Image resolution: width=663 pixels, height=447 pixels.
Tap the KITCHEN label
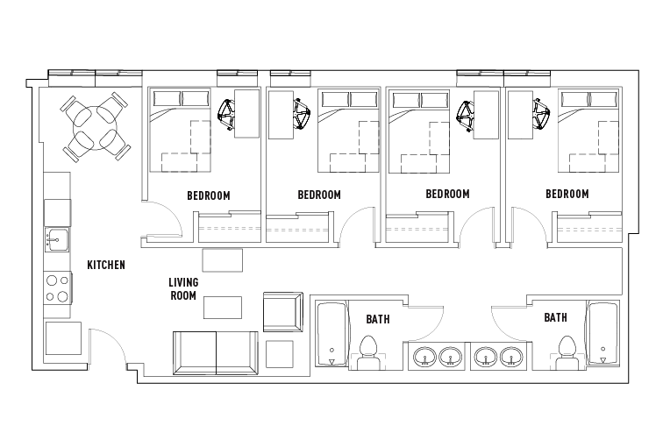[x=105, y=265]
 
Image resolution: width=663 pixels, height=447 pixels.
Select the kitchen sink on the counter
[x=57, y=238]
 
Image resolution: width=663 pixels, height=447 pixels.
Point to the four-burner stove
[x=57, y=288]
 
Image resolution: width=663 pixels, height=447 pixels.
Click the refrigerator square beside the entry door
[x=62, y=337]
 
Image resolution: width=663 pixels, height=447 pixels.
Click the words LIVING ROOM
[x=182, y=289]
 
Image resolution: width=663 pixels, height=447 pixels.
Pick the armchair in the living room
[x=281, y=313]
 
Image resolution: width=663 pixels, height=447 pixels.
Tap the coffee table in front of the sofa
[x=223, y=308]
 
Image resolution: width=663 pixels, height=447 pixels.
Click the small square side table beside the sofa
[x=279, y=353]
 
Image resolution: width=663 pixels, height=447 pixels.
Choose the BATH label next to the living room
[x=378, y=319]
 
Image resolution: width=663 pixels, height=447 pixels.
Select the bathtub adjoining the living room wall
[x=331, y=334]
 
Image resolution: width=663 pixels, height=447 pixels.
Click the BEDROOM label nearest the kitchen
[x=208, y=195]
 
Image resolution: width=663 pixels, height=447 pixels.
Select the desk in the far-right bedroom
[x=520, y=114]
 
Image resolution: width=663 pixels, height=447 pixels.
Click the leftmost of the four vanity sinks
[x=424, y=357]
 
